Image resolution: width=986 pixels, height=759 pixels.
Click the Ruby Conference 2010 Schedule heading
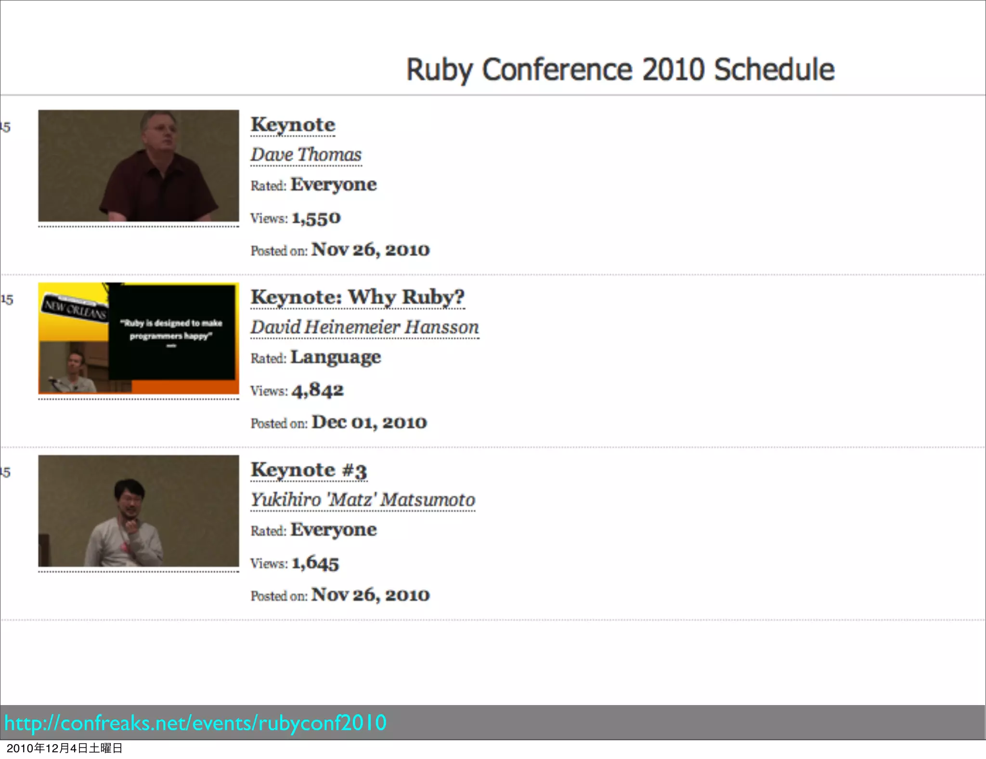(620, 69)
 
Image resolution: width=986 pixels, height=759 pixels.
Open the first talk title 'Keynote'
(293, 125)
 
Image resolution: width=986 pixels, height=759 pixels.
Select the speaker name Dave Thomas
(306, 155)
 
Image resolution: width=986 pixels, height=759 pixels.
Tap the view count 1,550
(316, 219)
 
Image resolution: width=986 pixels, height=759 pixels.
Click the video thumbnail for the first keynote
(139, 166)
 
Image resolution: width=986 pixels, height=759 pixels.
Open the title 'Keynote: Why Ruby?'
(357, 297)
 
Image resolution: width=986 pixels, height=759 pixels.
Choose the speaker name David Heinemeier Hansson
(364, 327)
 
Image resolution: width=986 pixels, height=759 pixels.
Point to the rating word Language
(336, 357)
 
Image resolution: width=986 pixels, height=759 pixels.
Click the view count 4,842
(317, 391)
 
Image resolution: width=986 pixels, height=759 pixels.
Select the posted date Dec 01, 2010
(369, 422)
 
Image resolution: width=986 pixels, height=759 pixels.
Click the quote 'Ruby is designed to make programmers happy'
(171, 329)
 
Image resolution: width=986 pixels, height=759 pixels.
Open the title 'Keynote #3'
(309, 470)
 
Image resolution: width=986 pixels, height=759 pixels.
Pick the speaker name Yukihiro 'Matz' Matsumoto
(363, 500)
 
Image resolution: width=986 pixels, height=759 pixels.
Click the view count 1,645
(315, 563)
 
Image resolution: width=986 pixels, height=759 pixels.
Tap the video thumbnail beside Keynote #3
(139, 511)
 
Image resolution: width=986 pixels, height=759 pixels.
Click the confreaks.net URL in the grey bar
(195, 723)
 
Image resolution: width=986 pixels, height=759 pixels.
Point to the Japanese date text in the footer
(65, 748)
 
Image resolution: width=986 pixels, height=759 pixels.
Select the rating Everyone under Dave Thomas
(333, 185)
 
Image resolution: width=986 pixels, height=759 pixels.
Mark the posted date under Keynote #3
(370, 595)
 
